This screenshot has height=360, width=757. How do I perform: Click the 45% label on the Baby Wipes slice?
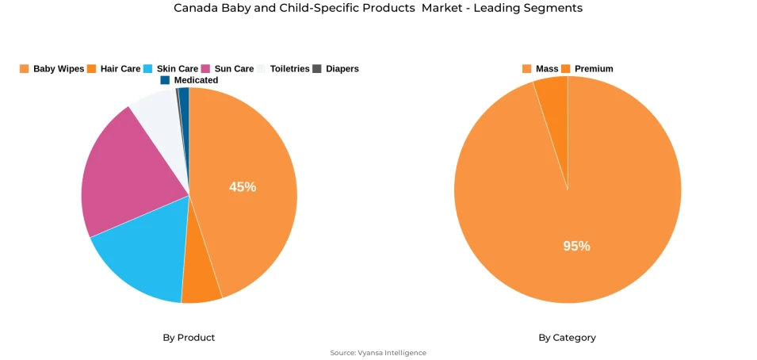[x=243, y=187]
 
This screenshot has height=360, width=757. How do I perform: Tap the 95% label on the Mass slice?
[x=576, y=246]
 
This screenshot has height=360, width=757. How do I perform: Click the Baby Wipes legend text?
[x=59, y=69]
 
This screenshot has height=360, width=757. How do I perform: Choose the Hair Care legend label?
[x=120, y=69]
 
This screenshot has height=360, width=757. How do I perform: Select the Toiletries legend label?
[x=289, y=69]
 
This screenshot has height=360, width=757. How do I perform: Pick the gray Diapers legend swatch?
[x=317, y=69]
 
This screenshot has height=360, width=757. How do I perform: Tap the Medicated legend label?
[x=196, y=80]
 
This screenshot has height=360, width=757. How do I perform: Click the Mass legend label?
[x=547, y=69]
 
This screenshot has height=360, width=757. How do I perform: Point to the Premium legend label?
[x=594, y=69]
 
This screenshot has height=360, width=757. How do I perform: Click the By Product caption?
[x=189, y=338]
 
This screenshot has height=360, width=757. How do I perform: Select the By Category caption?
[x=567, y=338]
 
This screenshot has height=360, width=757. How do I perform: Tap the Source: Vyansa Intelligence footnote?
[x=378, y=353]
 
